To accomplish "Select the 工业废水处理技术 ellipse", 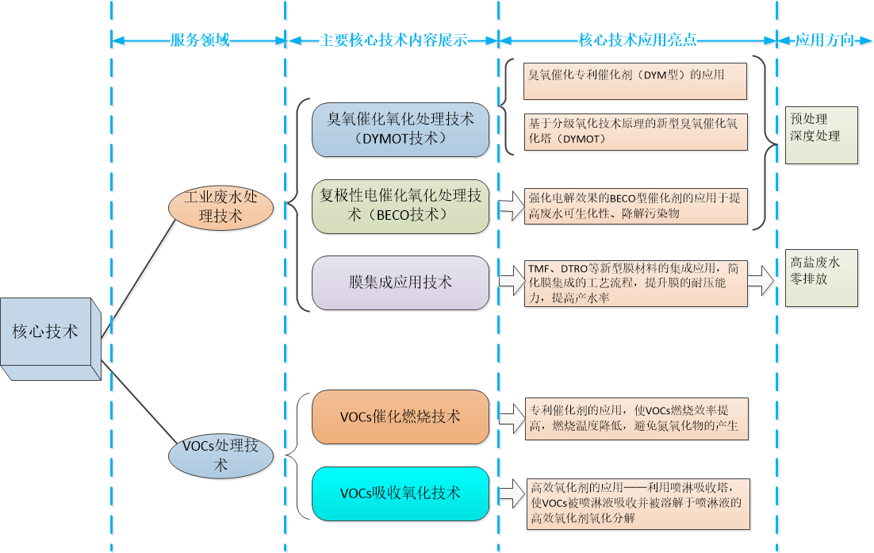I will (x=220, y=206).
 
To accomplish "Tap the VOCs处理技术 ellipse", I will (x=220, y=456).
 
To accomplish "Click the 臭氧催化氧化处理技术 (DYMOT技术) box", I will (x=401, y=129).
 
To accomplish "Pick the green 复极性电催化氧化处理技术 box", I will (x=401, y=205).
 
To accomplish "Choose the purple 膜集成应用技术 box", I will (x=401, y=282).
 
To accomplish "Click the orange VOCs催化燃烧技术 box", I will (x=401, y=417).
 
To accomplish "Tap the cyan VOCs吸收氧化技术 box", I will (x=401, y=493).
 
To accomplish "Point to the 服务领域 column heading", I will (x=200, y=40).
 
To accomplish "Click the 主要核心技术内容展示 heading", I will (x=393, y=40).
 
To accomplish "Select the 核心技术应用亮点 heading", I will (x=638, y=40).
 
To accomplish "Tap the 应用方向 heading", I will (x=825, y=40).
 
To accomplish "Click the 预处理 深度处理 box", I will (x=821, y=135).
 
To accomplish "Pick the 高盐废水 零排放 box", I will (x=821, y=278).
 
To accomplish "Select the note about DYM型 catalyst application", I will (x=635, y=80).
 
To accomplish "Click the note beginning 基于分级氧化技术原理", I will (x=635, y=131).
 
